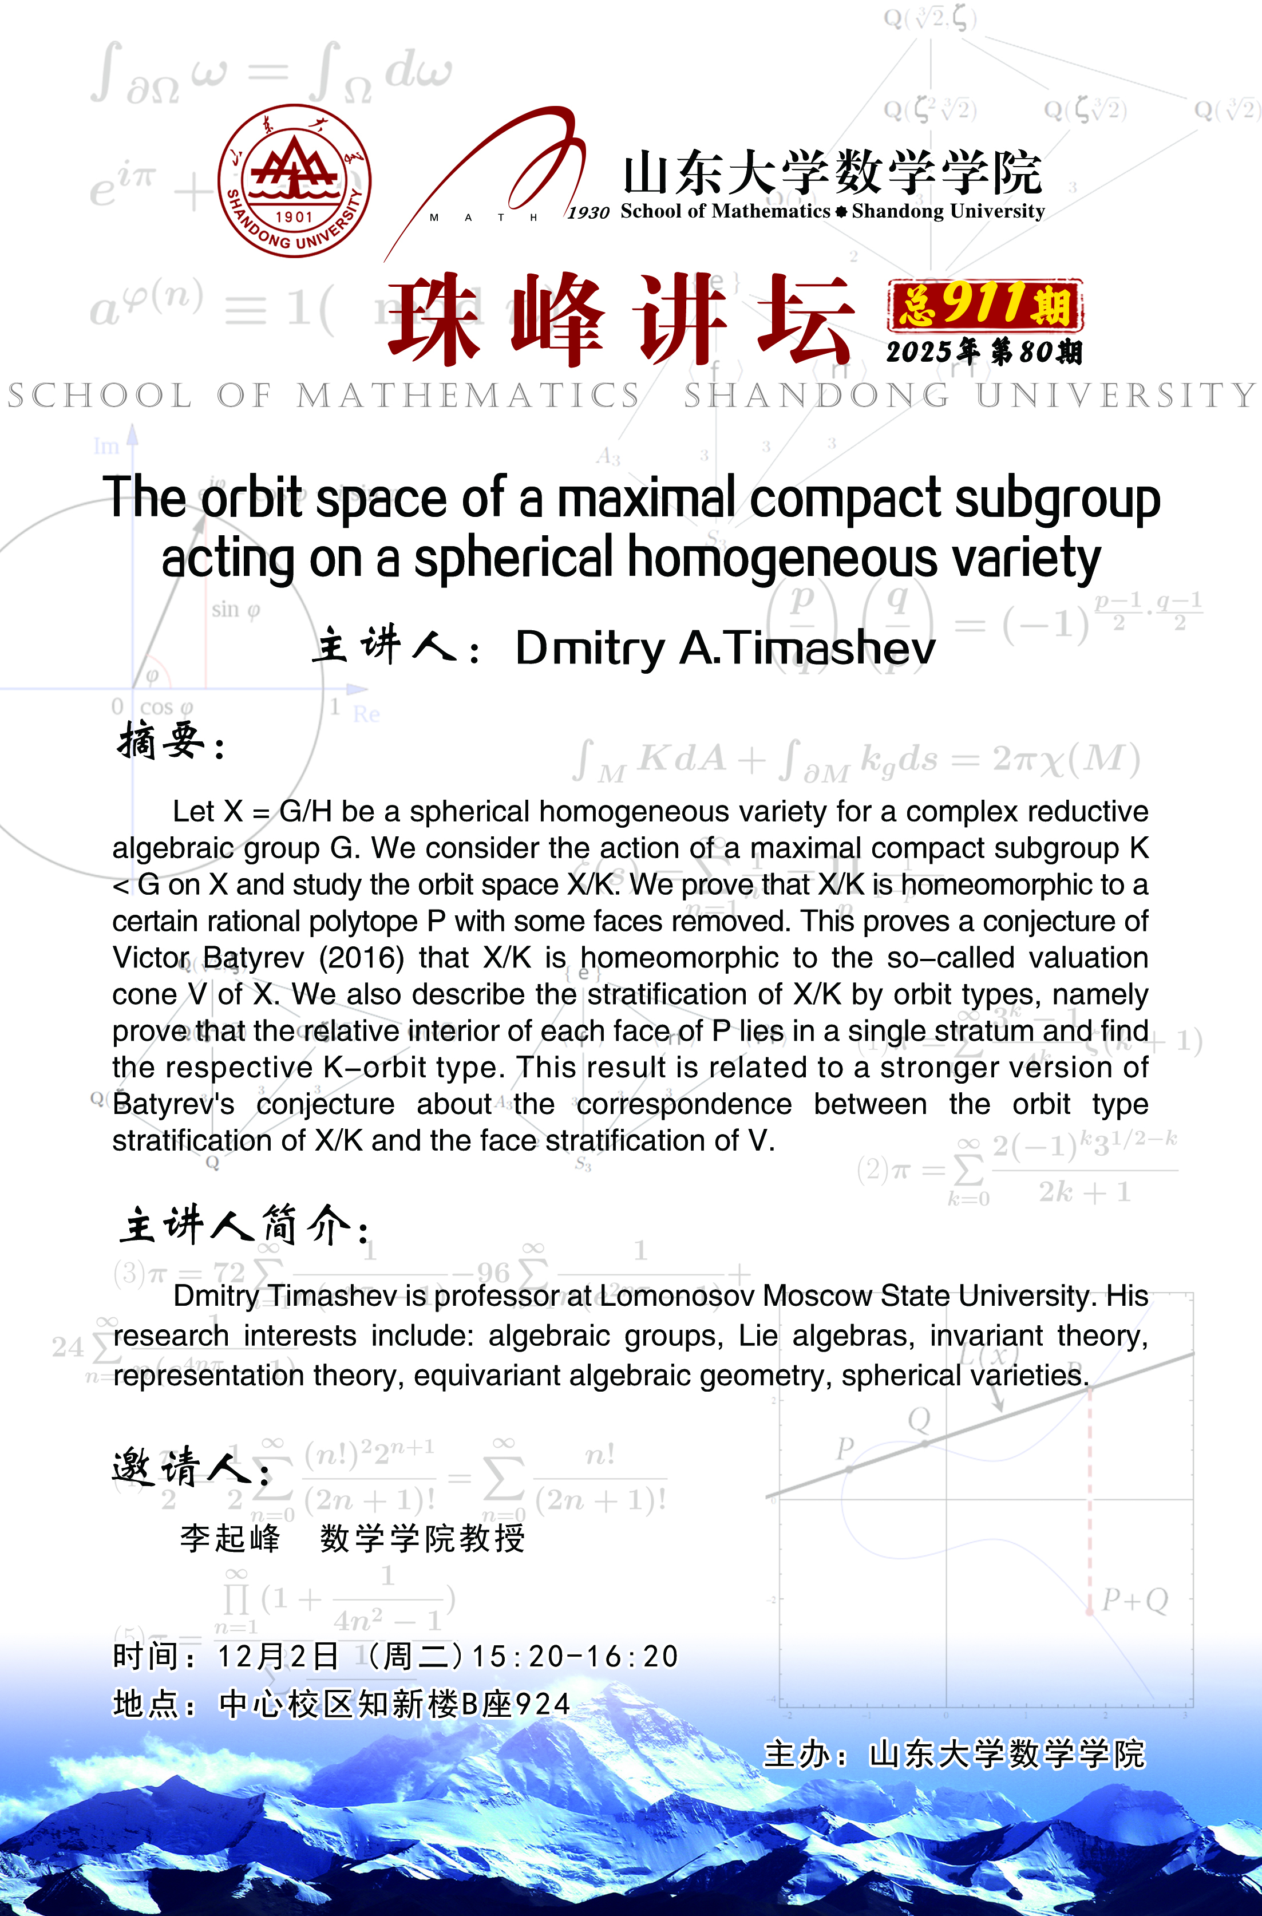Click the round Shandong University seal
point(295,181)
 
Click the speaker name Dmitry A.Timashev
point(725,648)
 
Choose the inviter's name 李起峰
point(230,1538)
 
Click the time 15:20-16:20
point(575,1657)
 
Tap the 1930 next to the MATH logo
point(588,212)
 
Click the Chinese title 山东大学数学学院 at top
point(832,173)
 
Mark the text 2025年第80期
point(984,352)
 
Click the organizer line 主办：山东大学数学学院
point(953,1754)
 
